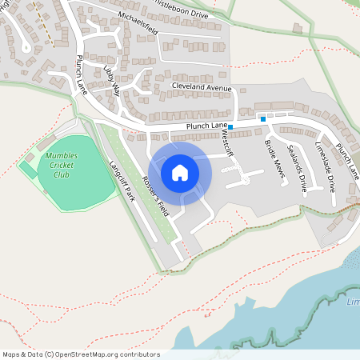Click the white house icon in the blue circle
180,172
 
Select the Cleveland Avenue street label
201,88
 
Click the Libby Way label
113,81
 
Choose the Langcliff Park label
122,181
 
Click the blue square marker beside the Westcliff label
230,127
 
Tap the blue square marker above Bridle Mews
263,118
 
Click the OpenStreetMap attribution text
81,354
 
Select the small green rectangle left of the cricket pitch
28,171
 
